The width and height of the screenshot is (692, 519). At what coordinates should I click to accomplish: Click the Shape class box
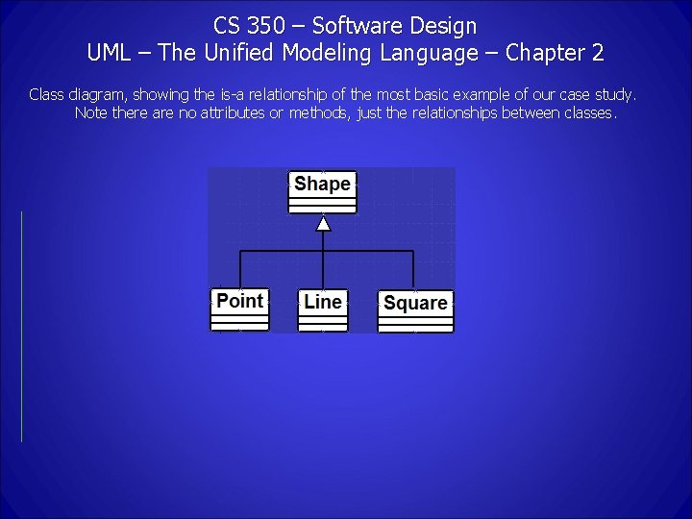(322, 190)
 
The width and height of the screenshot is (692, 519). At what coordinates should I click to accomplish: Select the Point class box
(239, 309)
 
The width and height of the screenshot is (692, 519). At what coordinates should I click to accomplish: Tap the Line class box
(322, 309)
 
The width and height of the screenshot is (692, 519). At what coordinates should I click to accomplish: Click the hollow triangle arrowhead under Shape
(324, 224)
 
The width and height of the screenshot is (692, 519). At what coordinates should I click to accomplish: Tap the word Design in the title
(441, 26)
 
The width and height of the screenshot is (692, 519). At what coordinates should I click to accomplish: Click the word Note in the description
(90, 113)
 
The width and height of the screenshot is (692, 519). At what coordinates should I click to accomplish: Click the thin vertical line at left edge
(21, 327)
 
